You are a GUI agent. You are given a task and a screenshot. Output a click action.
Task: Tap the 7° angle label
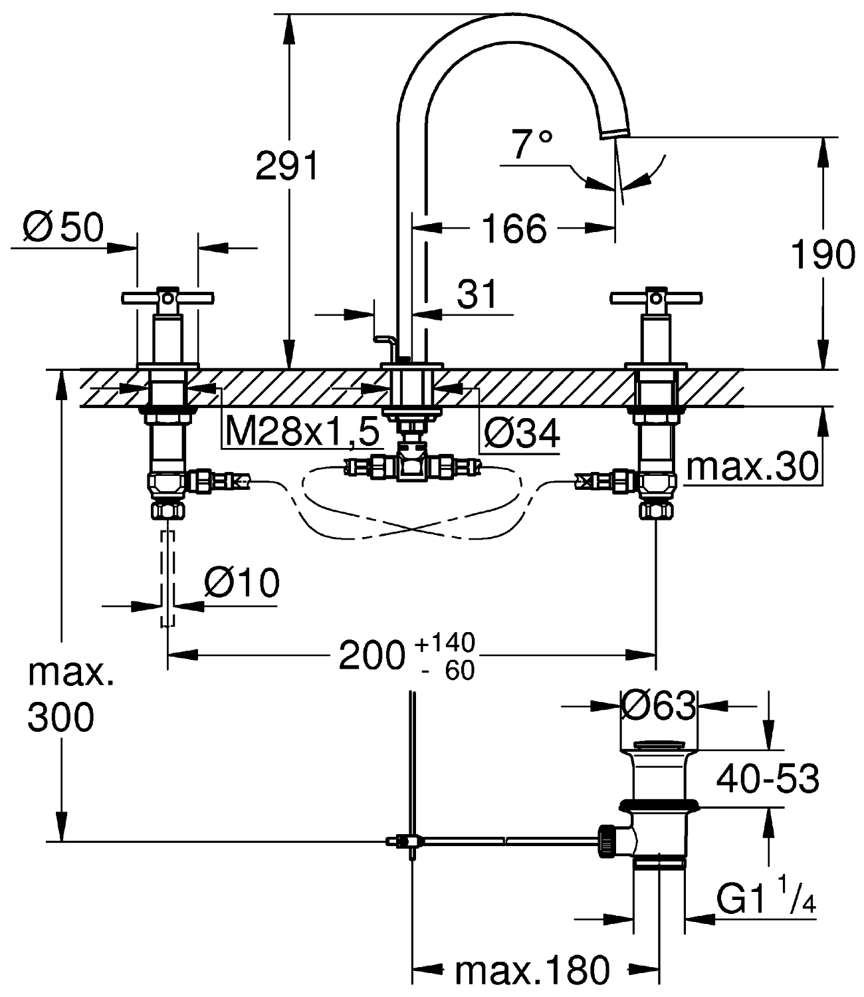(x=532, y=145)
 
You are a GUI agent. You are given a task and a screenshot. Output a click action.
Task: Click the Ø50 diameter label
(x=64, y=228)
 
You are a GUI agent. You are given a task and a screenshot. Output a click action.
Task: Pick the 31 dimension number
(x=477, y=294)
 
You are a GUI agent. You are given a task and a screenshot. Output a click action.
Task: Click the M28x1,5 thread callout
(x=302, y=432)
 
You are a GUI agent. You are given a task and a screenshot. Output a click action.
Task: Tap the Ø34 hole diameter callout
(x=522, y=434)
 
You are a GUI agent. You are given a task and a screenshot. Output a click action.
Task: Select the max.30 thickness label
(x=752, y=467)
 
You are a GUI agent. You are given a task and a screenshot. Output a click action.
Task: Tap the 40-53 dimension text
(x=767, y=778)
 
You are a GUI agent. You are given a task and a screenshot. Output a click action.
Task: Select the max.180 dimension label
(x=532, y=971)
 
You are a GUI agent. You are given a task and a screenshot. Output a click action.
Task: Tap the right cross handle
(x=657, y=296)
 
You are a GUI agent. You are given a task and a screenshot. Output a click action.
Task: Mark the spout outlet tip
(x=614, y=133)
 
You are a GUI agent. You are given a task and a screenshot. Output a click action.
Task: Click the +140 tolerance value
(x=445, y=643)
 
